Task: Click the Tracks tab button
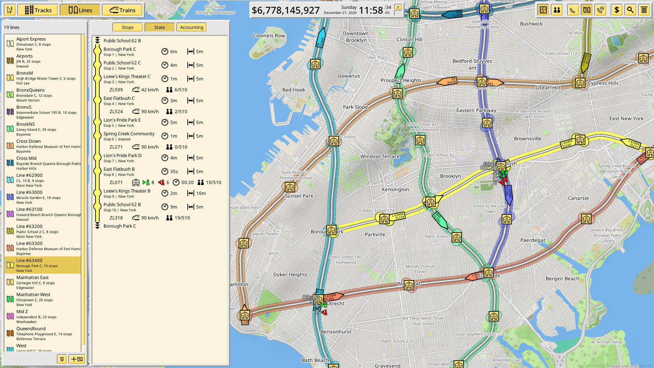click(38, 10)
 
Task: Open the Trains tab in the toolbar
click(123, 10)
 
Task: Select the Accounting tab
click(191, 27)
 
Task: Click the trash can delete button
click(62, 359)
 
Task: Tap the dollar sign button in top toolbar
click(617, 10)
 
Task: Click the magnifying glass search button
click(630, 10)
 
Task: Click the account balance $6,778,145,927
click(285, 11)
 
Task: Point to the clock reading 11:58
click(371, 11)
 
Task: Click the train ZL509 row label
click(116, 90)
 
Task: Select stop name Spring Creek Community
click(129, 134)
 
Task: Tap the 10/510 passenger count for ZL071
click(213, 183)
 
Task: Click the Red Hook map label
click(294, 90)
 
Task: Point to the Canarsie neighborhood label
click(578, 198)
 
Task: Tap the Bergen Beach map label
click(562, 279)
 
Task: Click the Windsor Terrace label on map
click(380, 157)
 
